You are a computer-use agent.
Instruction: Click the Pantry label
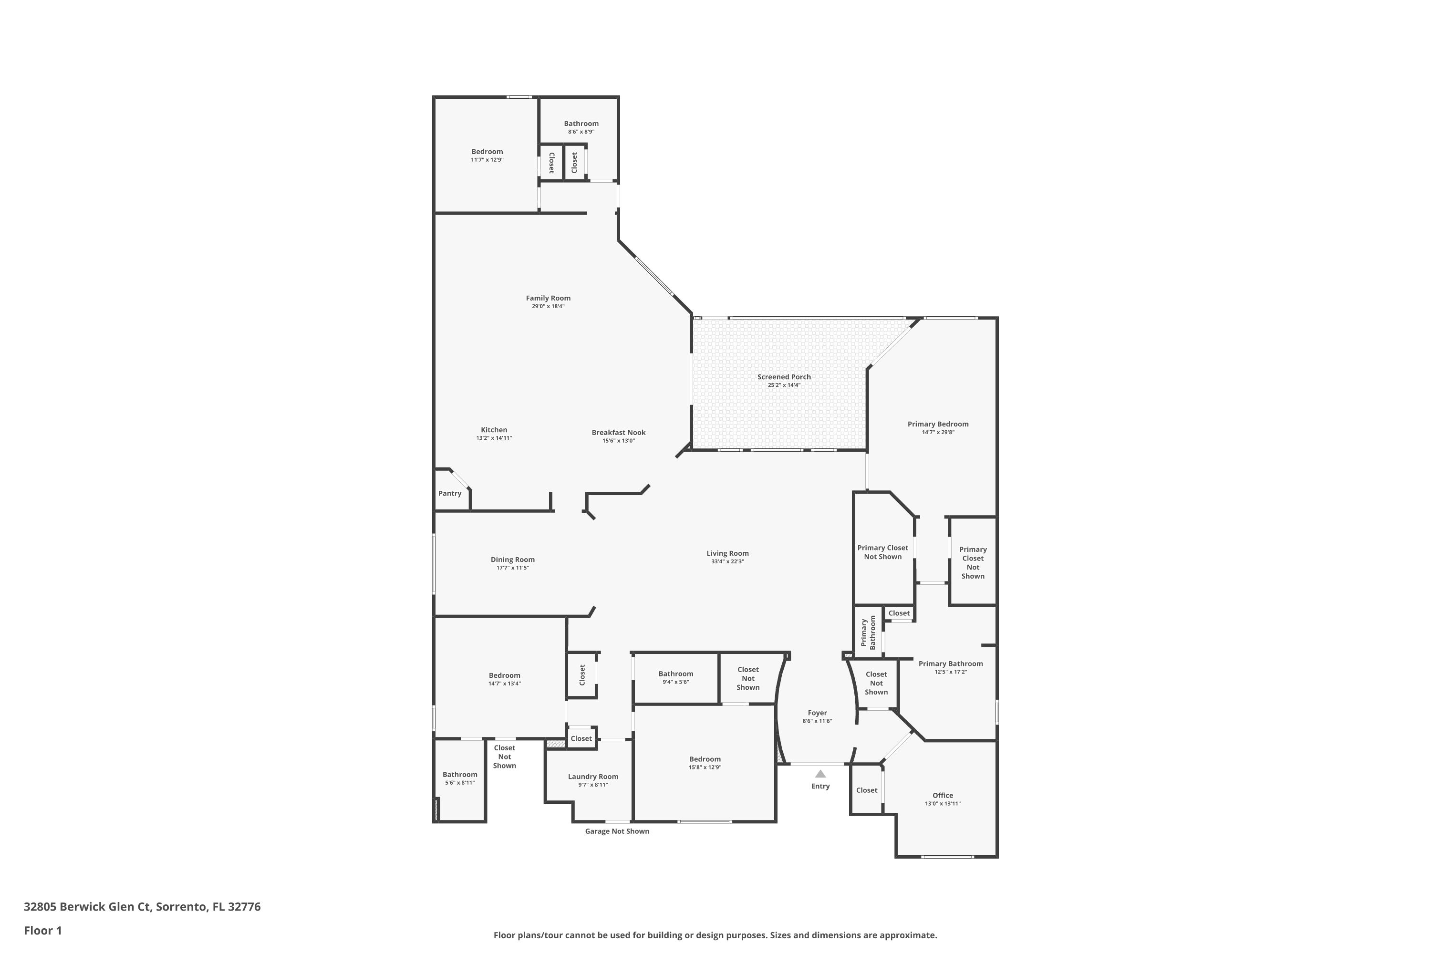pos(450,493)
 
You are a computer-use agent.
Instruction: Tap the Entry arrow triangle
pos(820,774)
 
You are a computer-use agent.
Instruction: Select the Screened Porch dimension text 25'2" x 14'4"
pos(784,385)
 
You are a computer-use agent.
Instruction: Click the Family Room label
pos(548,298)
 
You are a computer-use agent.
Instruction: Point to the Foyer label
pos(817,713)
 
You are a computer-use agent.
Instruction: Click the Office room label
pos(943,795)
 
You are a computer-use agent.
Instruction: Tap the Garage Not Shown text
pos(617,831)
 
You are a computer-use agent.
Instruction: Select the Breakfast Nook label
pos(618,433)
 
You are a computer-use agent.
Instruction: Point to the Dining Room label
pos(512,560)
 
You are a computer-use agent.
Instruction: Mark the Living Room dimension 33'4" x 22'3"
pos(727,561)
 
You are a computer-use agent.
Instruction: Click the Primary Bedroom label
pos(938,424)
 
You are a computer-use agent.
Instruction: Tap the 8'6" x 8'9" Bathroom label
pos(581,124)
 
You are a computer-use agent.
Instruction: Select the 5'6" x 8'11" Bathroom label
pos(459,775)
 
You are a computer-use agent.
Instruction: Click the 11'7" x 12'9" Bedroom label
pos(487,152)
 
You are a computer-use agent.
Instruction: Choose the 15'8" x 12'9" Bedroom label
pos(705,759)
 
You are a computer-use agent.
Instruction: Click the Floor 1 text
pos(42,930)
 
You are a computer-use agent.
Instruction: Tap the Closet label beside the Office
pos(866,790)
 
